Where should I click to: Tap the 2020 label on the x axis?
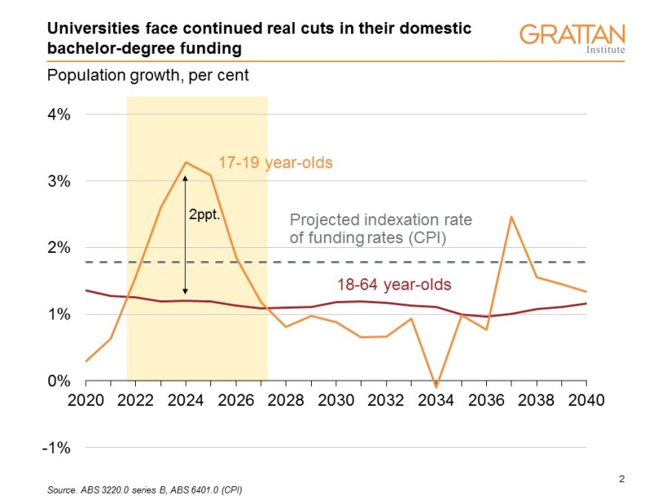(85, 401)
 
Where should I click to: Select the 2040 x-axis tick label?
(586, 401)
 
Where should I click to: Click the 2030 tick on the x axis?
(336, 401)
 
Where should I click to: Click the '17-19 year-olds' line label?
(275, 163)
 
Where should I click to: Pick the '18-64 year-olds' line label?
(394, 285)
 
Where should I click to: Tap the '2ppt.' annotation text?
(206, 217)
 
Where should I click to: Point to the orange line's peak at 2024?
(186, 162)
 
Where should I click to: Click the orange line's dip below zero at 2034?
(436, 387)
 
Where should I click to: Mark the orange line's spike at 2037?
(511, 217)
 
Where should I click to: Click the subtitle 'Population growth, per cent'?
(147, 75)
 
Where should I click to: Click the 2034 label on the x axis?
(436, 401)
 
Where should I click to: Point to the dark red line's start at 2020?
(86, 291)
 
